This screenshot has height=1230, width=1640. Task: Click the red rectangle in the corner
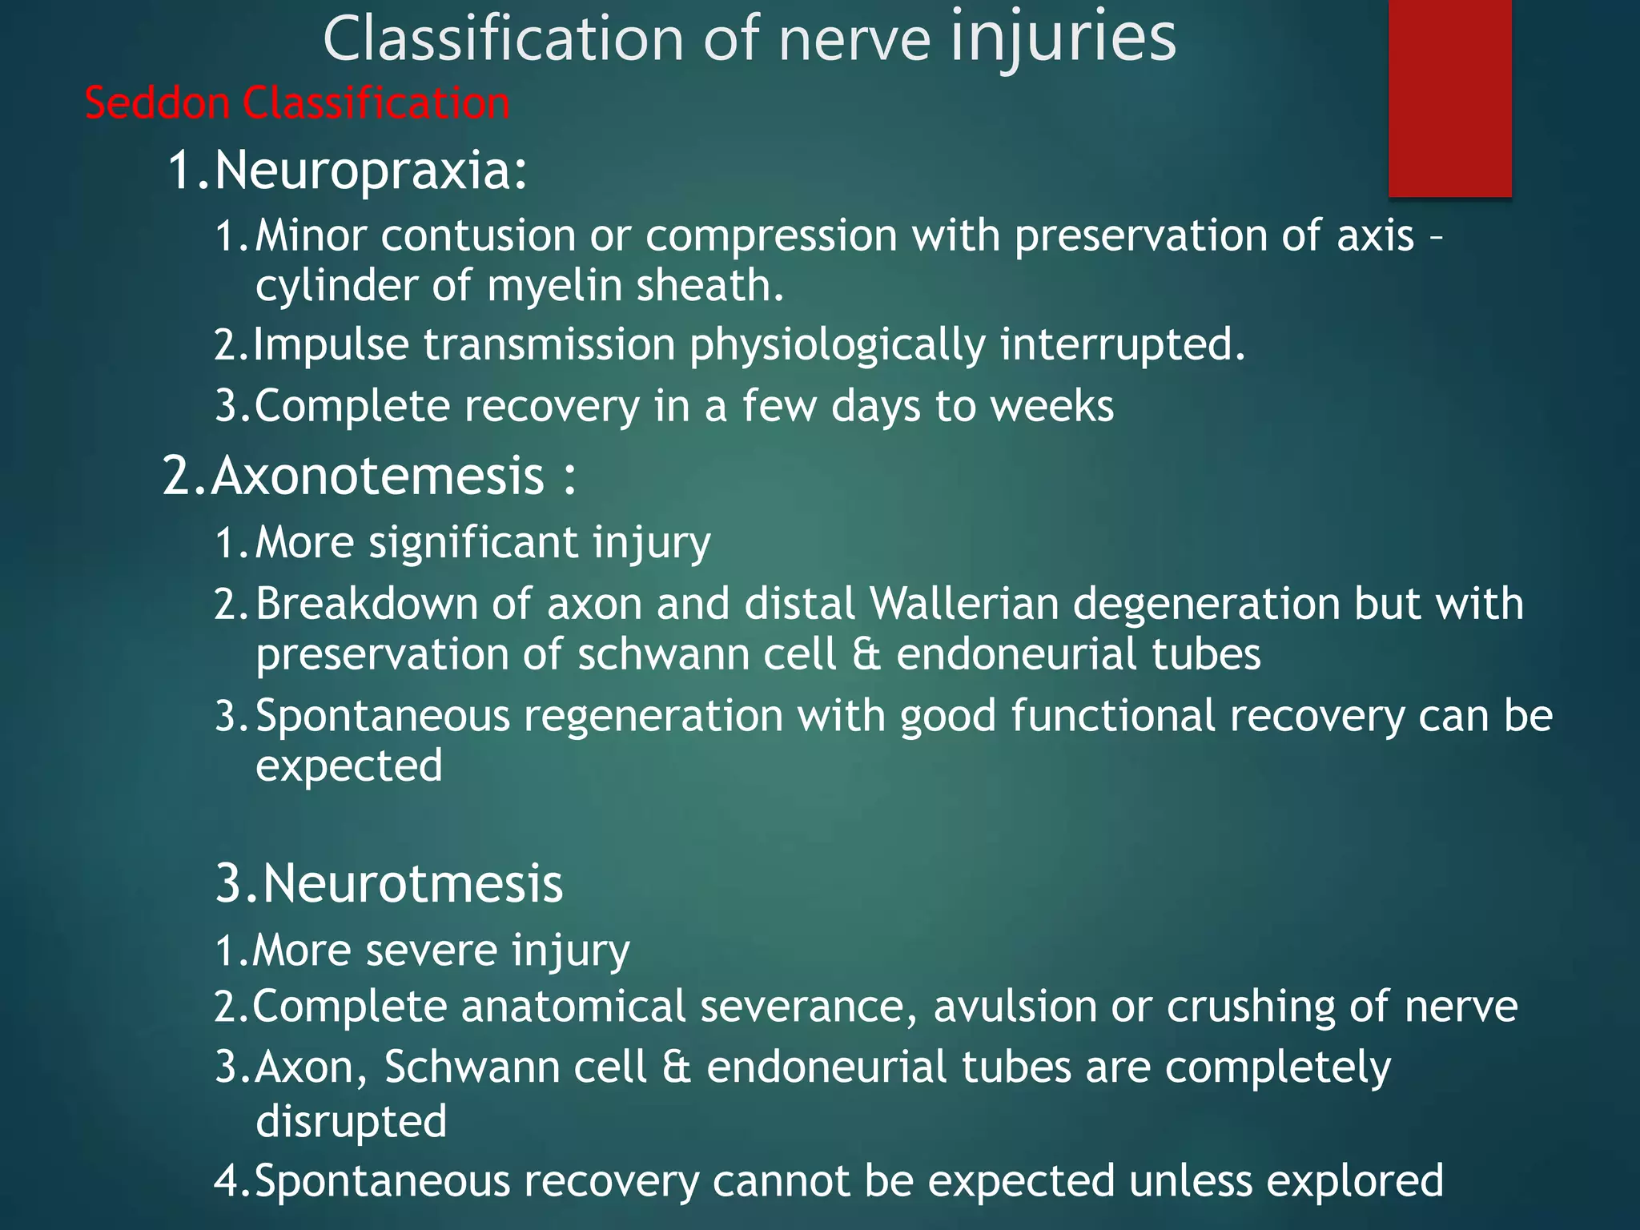(x=1449, y=98)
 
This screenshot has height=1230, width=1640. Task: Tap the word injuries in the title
(x=1063, y=38)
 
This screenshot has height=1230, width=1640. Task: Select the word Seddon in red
(x=157, y=104)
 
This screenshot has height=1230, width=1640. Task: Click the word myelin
(x=554, y=286)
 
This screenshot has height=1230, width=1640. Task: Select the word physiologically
(x=837, y=345)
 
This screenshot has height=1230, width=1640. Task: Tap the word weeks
(x=1051, y=406)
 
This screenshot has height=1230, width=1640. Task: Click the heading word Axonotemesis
(x=378, y=476)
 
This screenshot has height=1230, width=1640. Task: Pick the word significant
(x=473, y=543)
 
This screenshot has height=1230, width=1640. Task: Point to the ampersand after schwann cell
(x=866, y=654)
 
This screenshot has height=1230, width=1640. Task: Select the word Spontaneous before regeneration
(x=382, y=715)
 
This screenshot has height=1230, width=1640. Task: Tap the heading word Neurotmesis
(x=412, y=884)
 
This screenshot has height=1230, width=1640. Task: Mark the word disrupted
(x=351, y=1121)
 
